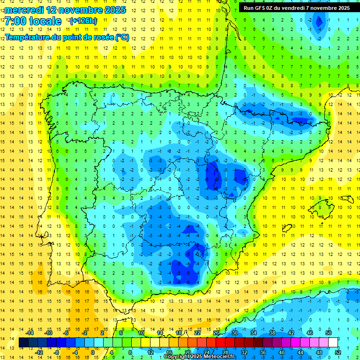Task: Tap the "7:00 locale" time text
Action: (33, 21)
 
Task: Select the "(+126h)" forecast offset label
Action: (83, 21)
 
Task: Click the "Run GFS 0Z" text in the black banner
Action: (258, 8)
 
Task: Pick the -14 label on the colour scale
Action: (30, 333)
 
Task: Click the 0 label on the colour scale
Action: (92, 352)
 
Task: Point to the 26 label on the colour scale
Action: (216, 333)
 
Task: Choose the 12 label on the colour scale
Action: (150, 352)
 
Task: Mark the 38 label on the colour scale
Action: (272, 333)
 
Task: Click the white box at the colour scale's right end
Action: (333, 343)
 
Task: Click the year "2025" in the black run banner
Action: (343, 8)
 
